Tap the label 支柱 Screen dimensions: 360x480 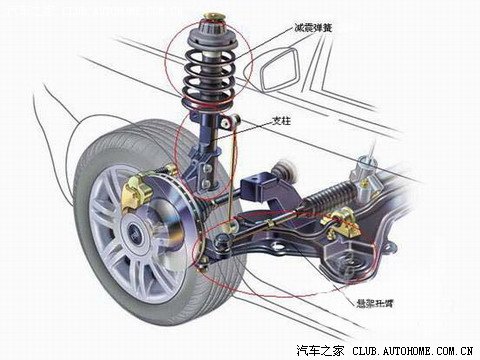(284, 118)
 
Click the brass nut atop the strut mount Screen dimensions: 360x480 (212, 18)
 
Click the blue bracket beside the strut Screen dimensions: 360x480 (262, 188)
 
